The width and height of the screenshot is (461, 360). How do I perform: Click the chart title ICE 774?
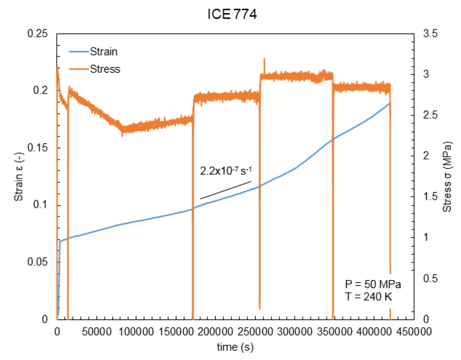click(x=232, y=14)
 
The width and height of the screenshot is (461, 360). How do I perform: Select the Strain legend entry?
click(x=103, y=52)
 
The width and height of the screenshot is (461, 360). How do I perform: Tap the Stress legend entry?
click(x=105, y=69)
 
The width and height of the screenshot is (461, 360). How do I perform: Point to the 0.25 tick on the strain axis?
click(x=37, y=33)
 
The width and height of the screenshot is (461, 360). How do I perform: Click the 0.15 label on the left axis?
click(x=37, y=148)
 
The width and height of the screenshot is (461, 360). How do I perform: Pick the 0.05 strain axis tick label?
click(x=37, y=262)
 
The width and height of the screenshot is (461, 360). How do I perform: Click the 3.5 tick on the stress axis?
click(x=430, y=34)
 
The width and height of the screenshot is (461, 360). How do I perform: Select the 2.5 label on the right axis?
click(x=430, y=115)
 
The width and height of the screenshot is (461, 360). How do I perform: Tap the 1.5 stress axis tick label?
click(x=430, y=197)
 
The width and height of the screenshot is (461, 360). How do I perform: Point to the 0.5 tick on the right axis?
click(x=430, y=278)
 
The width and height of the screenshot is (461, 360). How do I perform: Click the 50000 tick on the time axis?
click(x=97, y=332)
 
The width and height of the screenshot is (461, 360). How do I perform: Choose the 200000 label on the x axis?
click(x=215, y=332)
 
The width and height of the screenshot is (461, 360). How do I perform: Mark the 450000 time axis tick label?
click(x=414, y=332)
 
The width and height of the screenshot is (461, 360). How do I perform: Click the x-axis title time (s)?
click(x=235, y=347)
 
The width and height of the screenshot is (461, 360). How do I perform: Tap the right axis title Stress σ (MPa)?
click(x=447, y=176)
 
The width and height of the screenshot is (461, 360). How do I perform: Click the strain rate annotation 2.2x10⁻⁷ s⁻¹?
click(x=225, y=171)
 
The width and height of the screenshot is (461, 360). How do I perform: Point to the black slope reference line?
click(x=225, y=190)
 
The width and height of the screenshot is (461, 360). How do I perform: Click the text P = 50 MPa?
click(x=373, y=284)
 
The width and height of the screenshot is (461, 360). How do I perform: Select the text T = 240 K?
click(x=368, y=297)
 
